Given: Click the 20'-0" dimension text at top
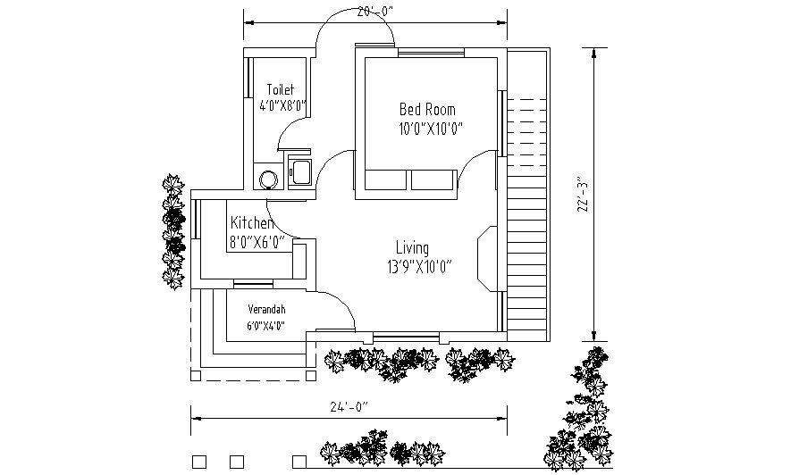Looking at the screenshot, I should pos(374,12).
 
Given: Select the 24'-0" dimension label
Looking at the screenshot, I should pos(349,407).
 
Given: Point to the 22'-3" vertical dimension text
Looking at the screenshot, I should pos(584,194).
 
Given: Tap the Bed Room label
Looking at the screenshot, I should pos(426,109).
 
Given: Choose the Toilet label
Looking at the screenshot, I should pos(281,89).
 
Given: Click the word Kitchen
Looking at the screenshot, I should pos(251,222).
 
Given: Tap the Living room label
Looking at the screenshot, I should pos(413,247).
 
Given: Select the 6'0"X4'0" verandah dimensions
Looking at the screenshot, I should pos(265,326).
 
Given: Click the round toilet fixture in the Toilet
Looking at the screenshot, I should pos(268,179).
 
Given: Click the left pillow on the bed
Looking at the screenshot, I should pos(386,180).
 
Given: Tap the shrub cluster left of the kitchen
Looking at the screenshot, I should pos(172,233).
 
